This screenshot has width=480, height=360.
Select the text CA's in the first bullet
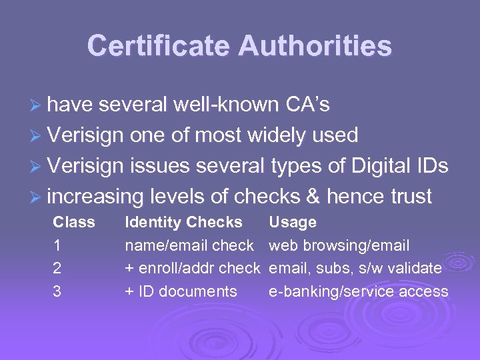tap(307, 105)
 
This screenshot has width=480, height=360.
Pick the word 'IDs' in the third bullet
tap(431, 166)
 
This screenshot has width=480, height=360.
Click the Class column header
tap(74, 222)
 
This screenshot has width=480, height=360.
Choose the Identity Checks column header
tap(183, 222)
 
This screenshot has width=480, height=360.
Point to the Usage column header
tap(292, 222)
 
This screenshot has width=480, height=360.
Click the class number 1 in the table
tap(57, 245)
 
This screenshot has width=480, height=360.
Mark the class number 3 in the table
tap(57, 291)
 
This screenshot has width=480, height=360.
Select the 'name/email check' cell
tap(189, 245)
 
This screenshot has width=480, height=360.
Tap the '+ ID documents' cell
tap(181, 291)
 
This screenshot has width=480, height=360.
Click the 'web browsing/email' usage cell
tap(339, 245)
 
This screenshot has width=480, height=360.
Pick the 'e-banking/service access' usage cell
tap(358, 291)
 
